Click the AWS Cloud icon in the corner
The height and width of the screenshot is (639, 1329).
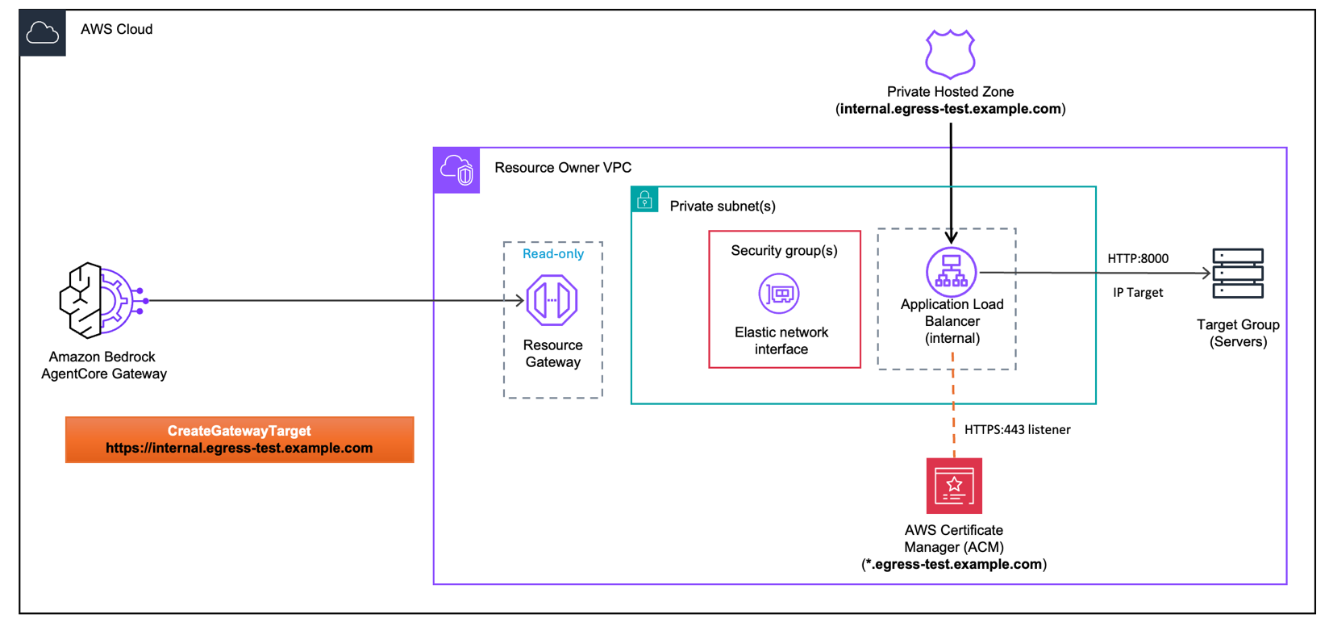point(42,33)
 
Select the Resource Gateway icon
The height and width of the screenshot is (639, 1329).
point(552,300)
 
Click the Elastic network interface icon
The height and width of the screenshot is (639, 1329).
point(779,294)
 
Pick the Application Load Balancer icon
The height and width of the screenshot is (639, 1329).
point(952,272)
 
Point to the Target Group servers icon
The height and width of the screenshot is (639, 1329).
point(1238,274)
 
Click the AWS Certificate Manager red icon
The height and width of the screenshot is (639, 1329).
point(954,486)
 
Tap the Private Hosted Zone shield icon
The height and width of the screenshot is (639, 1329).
point(950,53)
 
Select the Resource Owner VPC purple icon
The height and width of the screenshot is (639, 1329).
point(456,170)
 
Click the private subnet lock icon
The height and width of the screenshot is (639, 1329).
point(644,200)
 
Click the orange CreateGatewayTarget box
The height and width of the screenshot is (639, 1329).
point(240,440)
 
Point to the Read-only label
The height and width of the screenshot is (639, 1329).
point(553,254)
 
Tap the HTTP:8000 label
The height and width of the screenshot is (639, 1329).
point(1137,259)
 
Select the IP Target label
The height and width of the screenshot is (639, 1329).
point(1138,293)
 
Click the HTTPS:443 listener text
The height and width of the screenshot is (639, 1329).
point(1017,430)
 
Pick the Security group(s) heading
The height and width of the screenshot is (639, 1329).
point(784,251)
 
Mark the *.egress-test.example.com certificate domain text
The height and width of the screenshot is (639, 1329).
point(954,565)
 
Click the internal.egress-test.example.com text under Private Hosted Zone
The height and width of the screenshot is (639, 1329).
point(951,109)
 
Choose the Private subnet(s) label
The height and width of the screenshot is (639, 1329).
point(723,207)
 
